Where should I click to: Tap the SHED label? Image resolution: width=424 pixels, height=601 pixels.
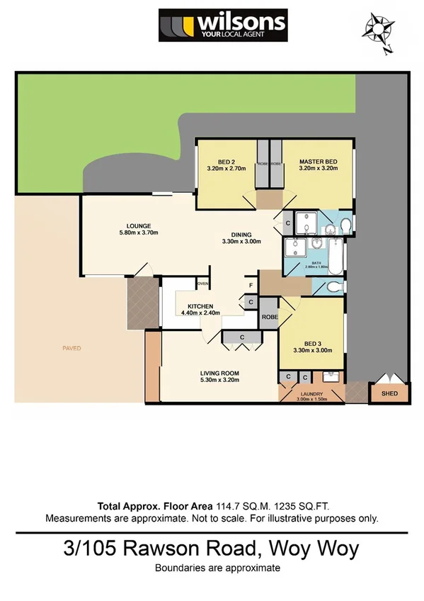(389, 393)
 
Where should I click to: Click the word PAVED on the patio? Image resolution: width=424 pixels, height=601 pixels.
(71, 348)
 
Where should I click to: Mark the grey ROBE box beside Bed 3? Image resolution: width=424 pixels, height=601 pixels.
(270, 318)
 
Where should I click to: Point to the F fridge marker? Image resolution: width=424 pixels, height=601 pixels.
(251, 286)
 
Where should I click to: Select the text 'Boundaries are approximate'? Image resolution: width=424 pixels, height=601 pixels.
(218, 568)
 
